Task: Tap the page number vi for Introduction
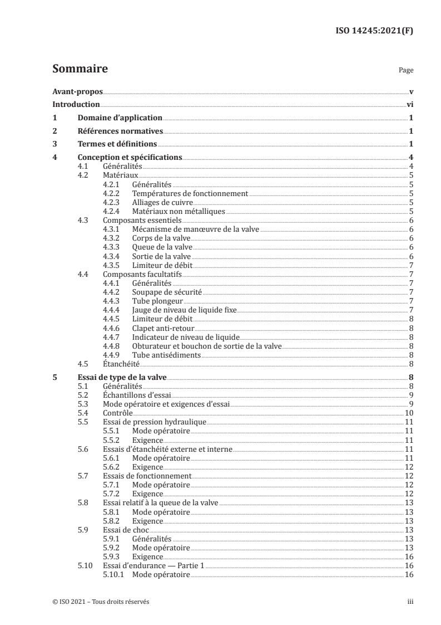409,105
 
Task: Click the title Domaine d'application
120,118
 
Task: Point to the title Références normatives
120,131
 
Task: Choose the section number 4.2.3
112,202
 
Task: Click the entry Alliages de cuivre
160,202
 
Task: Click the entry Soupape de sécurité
167,291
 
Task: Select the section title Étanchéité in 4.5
121,363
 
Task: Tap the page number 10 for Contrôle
408,413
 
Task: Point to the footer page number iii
410,602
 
